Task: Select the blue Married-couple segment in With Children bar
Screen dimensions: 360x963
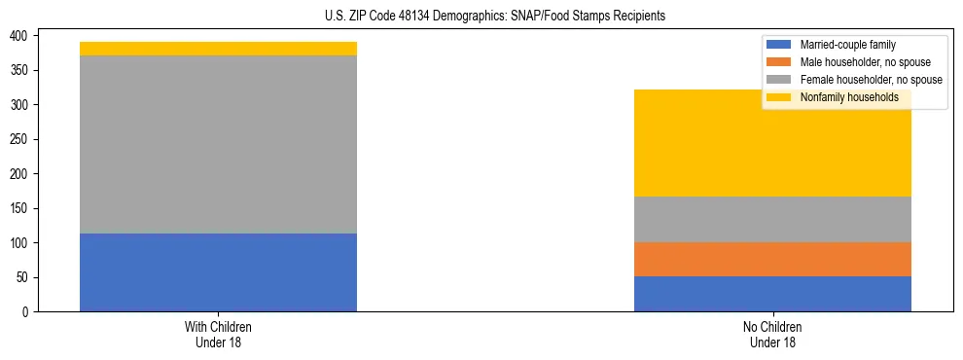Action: click(218, 272)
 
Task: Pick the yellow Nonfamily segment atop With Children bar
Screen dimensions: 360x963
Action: click(218, 49)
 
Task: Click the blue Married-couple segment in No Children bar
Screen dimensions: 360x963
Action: click(772, 294)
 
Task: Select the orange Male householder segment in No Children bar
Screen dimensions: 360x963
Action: click(772, 259)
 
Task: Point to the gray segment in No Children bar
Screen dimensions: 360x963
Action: click(772, 219)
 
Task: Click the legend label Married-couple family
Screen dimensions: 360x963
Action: click(846, 45)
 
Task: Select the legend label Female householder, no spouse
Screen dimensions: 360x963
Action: click(870, 80)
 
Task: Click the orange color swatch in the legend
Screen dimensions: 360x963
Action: click(779, 62)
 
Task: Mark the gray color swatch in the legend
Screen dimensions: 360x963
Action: click(779, 80)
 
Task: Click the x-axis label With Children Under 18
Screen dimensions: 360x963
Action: click(218, 334)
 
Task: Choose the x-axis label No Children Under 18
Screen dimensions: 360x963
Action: click(772, 334)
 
